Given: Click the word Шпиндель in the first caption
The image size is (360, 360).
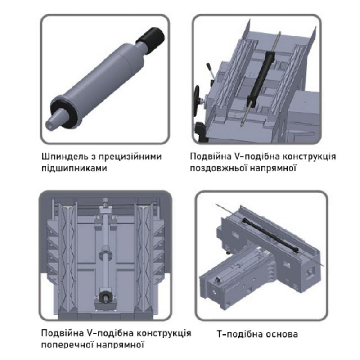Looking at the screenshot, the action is (x=64, y=157).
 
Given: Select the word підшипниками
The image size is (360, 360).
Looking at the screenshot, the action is (x=74, y=169).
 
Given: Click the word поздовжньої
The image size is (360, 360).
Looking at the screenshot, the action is (x=218, y=169).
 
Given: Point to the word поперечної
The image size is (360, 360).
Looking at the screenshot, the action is (x=67, y=345).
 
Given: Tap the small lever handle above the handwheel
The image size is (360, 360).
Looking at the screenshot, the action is (x=210, y=70).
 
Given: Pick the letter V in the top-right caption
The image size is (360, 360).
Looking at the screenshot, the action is (x=237, y=157).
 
